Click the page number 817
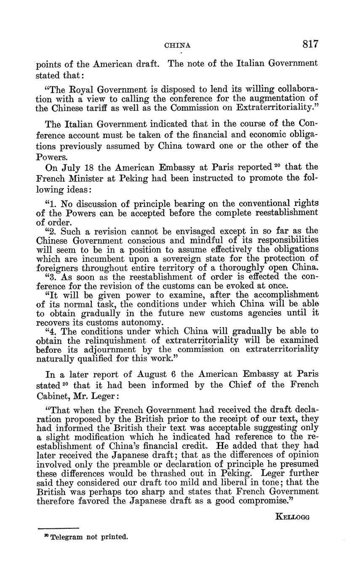click(310, 44)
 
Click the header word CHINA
click(177, 45)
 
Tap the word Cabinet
click(54, 395)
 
